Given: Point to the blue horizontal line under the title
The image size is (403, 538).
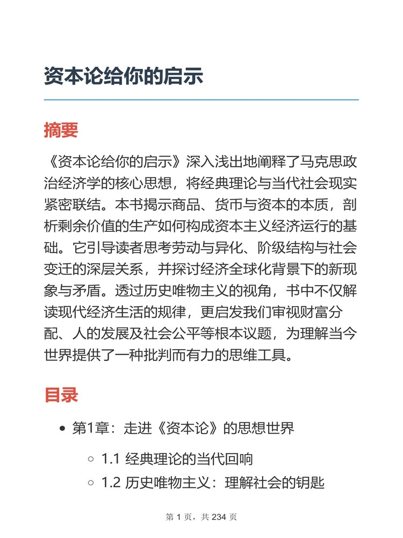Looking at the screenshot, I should click(x=201, y=100).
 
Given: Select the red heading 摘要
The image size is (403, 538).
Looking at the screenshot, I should click(x=61, y=130).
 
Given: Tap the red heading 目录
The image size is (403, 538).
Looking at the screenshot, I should click(x=61, y=395).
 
